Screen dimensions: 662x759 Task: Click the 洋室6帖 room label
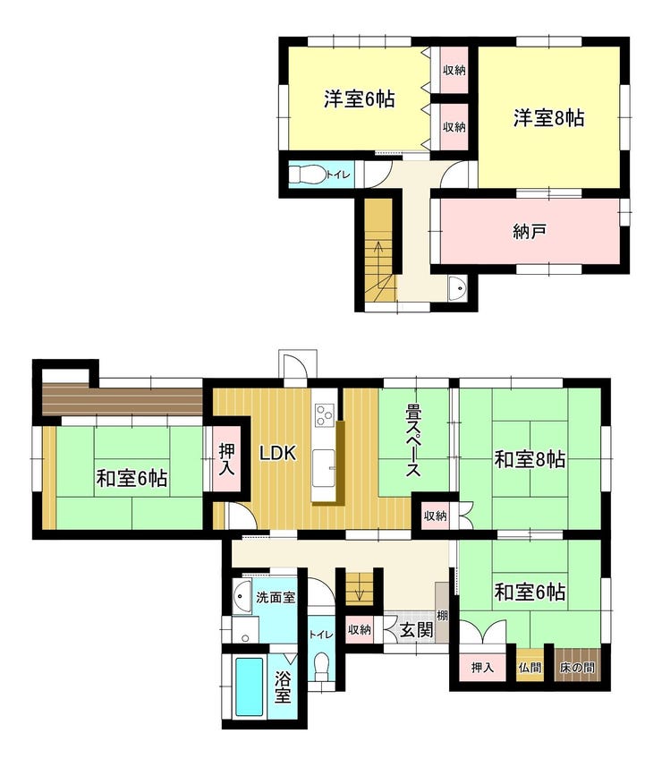tap(359, 99)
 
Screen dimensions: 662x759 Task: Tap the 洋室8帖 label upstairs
tap(548, 118)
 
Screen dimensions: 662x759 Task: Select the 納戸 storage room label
tap(530, 232)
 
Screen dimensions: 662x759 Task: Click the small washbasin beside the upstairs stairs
tap(457, 288)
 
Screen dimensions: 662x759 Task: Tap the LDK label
tap(277, 453)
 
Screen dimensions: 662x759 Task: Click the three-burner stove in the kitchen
tap(324, 414)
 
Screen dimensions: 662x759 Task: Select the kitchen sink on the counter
tap(323, 468)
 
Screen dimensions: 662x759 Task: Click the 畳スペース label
tap(413, 440)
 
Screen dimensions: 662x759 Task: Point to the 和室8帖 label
tap(530, 459)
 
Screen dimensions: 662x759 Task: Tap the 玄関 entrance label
tap(417, 630)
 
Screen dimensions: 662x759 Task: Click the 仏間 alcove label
tap(530, 668)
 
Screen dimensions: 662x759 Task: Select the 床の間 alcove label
tap(577, 668)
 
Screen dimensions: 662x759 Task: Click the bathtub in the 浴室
tap(250, 687)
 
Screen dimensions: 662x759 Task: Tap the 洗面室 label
tap(276, 597)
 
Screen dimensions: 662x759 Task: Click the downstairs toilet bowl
tap(321, 668)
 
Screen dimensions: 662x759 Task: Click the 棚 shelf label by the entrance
tap(442, 616)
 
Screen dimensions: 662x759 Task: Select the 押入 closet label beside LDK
tap(226, 458)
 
